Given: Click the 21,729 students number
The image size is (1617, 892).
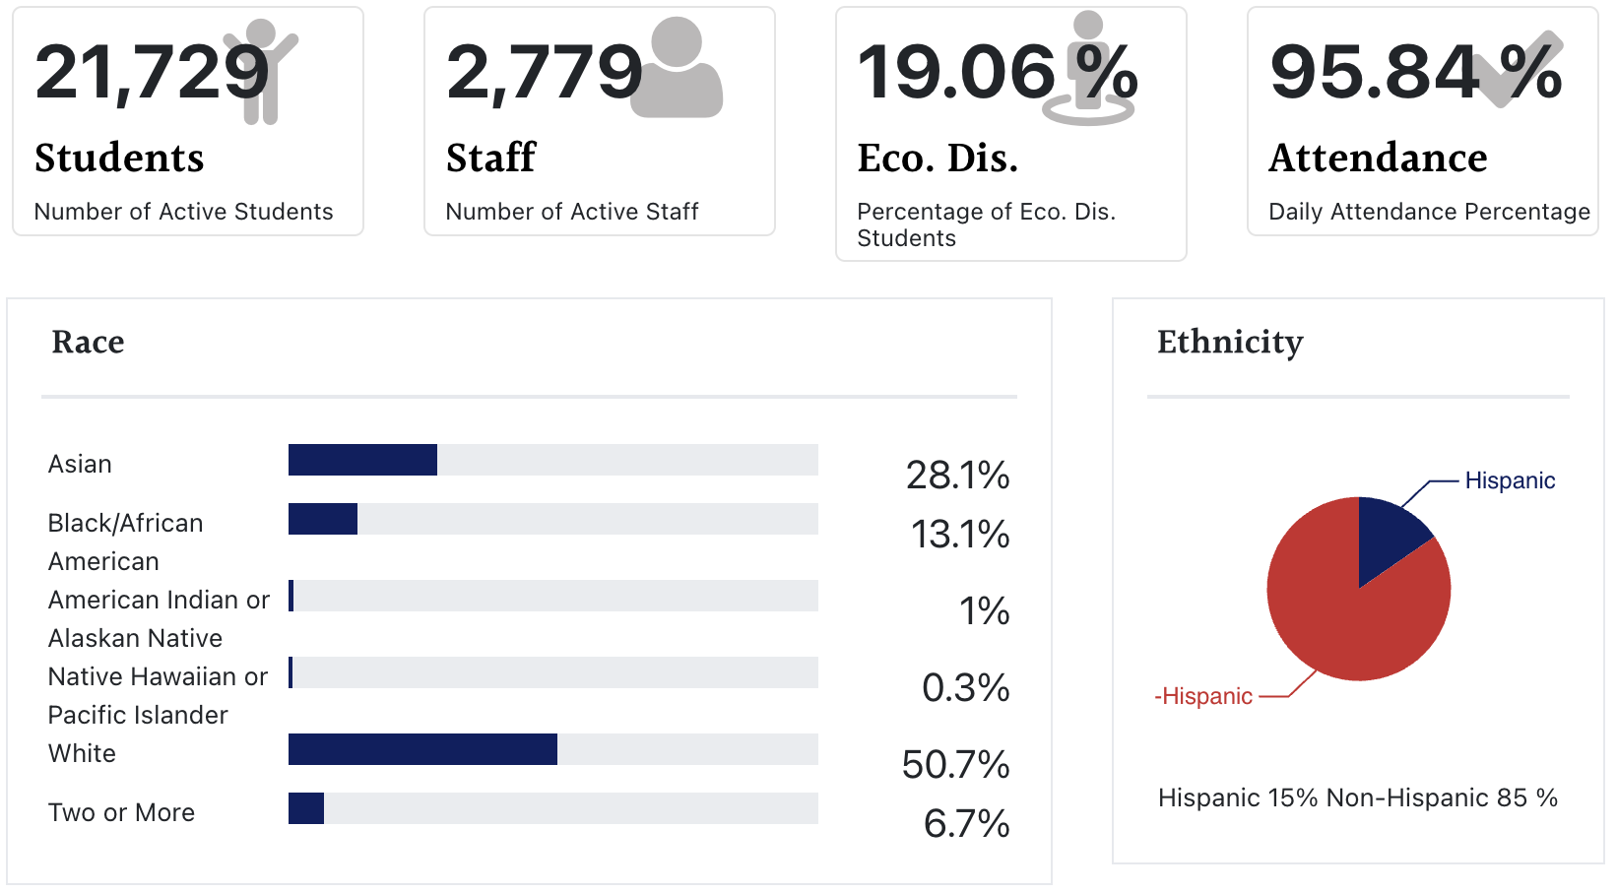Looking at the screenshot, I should (152, 73).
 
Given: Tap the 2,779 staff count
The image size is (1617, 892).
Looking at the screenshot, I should (544, 73).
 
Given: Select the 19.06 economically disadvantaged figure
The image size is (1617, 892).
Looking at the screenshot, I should (956, 73).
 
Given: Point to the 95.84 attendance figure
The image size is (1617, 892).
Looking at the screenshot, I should (1374, 73).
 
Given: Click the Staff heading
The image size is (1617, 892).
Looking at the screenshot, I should (490, 158).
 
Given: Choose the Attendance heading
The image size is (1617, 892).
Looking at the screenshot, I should (1378, 158).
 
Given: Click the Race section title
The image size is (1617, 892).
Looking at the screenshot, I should (88, 342).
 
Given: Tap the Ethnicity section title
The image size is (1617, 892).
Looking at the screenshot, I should (1230, 342).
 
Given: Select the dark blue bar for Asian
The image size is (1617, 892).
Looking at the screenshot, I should (362, 460).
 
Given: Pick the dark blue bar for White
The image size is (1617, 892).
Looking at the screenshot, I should (422, 749).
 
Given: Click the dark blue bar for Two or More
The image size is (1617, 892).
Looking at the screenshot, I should (306, 808).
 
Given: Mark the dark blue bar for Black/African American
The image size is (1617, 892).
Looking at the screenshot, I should (323, 519).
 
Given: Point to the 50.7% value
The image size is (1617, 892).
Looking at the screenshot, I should (955, 765).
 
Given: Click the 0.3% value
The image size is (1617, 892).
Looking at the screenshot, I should (965, 688).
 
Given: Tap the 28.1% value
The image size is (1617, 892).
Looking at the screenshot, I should (957, 476).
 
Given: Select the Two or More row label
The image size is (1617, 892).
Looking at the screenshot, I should (121, 812).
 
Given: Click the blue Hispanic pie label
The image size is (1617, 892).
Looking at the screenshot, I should (1510, 480).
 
